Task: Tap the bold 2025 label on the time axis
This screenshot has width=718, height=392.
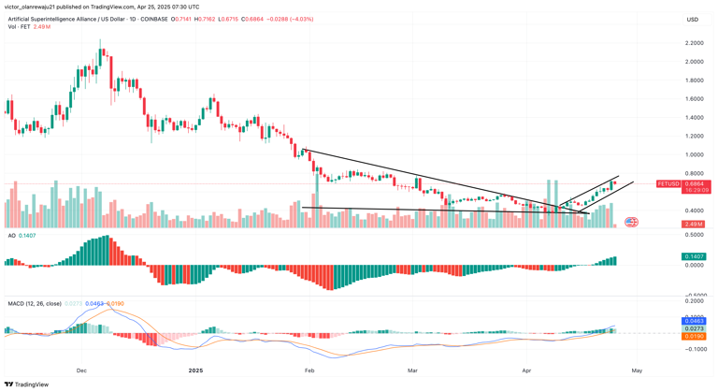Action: pos(195,370)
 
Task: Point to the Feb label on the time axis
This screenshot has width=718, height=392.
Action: pos(309,370)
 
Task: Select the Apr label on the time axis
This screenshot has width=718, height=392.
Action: pos(526,370)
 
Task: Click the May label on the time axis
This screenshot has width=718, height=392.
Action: pos(637,370)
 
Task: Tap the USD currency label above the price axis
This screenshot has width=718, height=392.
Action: pos(693,19)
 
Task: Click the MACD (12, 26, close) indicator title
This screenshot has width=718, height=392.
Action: pos(44,304)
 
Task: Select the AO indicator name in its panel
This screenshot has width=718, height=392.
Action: pos(11,236)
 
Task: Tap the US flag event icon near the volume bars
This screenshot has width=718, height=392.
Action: pos(631,222)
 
